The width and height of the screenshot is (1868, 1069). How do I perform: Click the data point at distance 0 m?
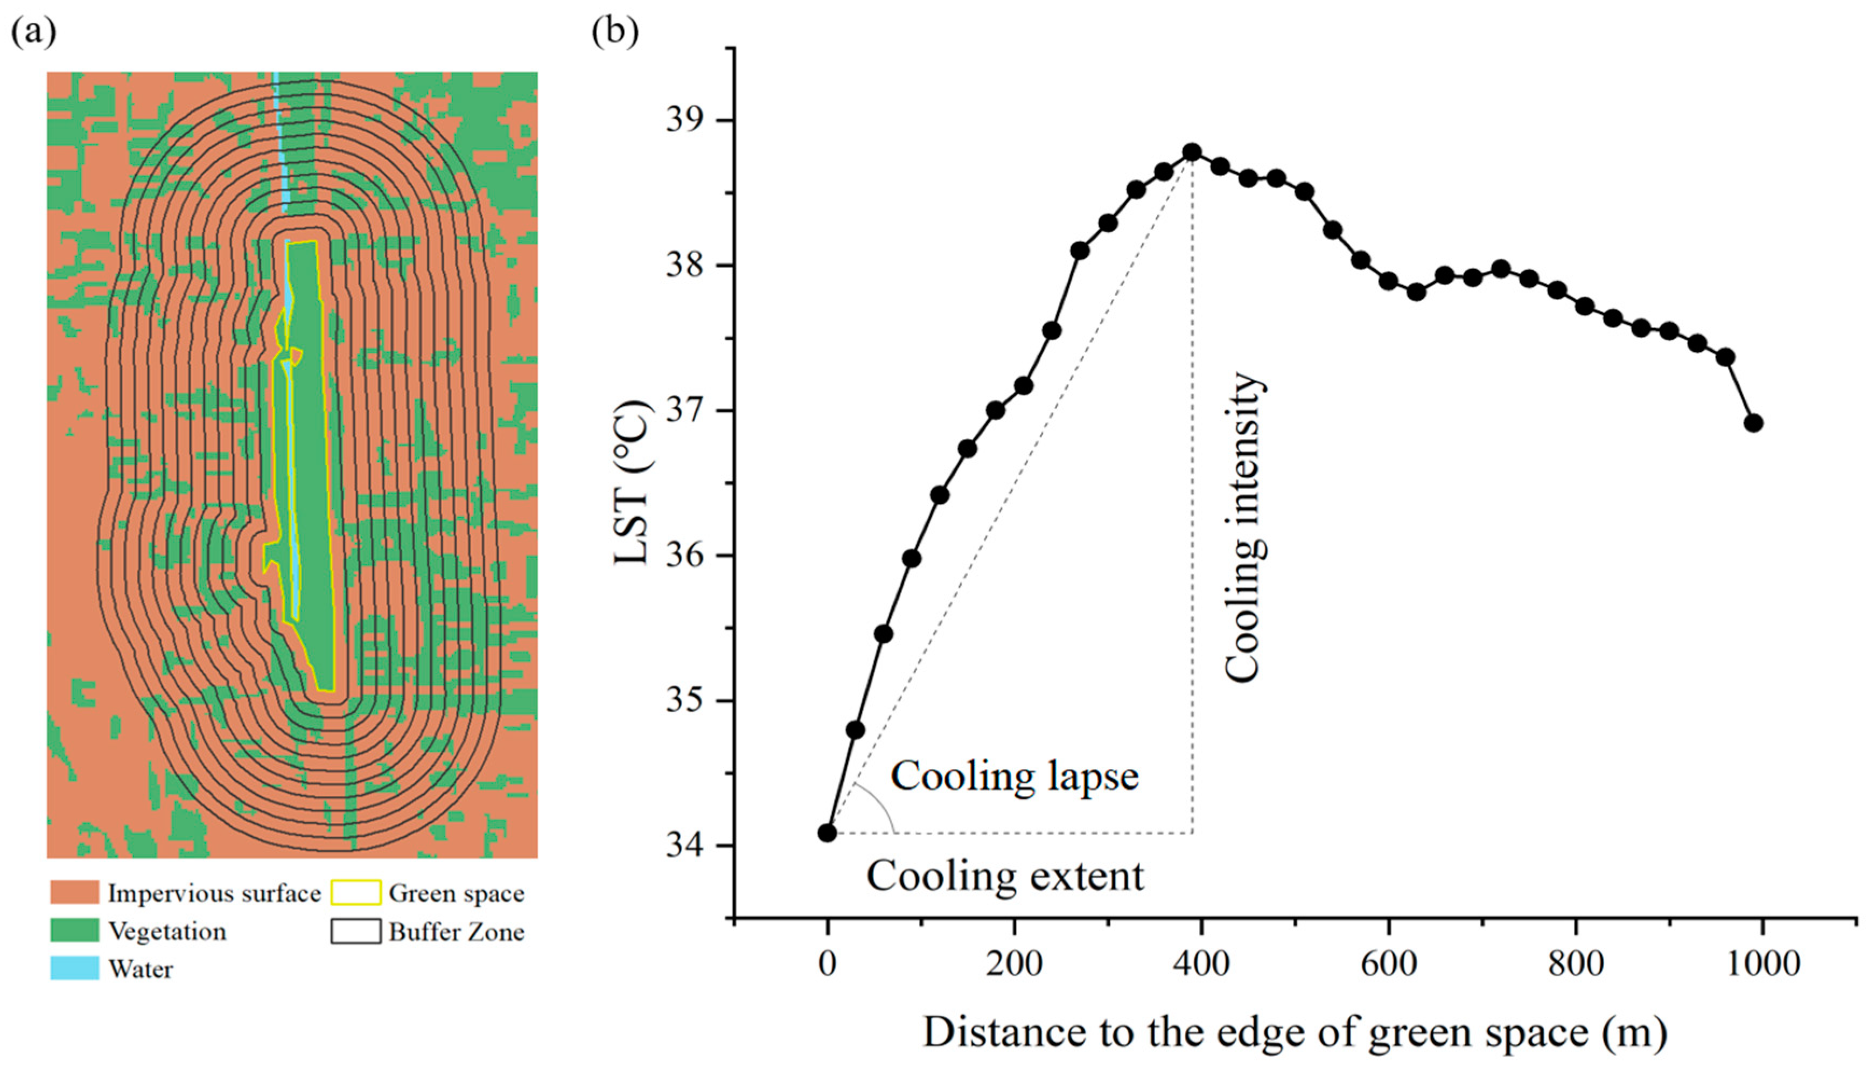coord(827,832)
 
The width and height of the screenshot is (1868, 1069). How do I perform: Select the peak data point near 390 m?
coord(1192,152)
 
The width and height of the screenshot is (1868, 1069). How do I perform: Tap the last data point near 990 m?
coord(1753,423)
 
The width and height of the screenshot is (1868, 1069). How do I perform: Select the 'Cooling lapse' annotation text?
coord(1014,775)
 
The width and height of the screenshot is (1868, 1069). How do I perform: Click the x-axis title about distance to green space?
coord(1295,1032)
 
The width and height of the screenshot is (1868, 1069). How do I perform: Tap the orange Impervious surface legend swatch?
coord(74,893)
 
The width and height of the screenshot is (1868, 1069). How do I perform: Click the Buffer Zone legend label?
coord(456,932)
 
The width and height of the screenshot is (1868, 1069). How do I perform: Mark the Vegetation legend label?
coord(167,931)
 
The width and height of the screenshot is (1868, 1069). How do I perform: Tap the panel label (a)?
coord(33,33)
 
